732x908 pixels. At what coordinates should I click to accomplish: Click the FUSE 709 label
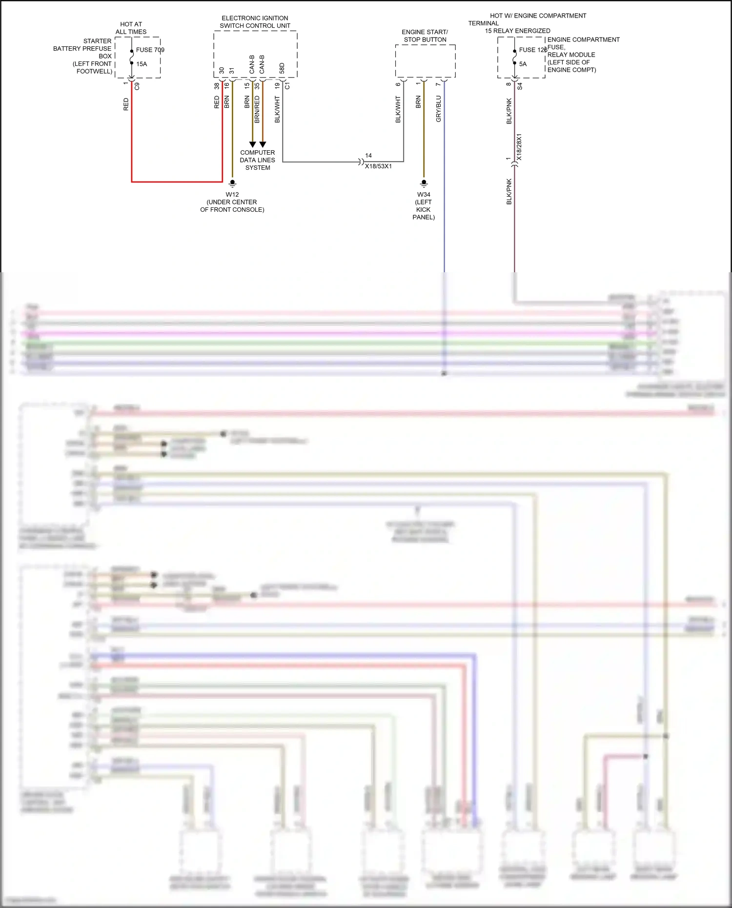click(150, 50)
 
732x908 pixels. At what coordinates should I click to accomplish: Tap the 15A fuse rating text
click(142, 64)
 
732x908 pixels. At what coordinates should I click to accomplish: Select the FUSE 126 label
click(532, 50)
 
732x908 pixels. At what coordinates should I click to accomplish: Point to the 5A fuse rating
click(523, 64)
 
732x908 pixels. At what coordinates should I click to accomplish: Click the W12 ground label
click(232, 194)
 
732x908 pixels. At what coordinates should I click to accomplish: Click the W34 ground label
click(424, 194)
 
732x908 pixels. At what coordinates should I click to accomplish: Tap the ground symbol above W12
click(232, 183)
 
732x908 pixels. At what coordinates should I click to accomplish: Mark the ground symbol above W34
click(424, 183)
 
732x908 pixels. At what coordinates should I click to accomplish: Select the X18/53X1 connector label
click(378, 166)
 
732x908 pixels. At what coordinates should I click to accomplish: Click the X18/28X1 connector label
click(519, 147)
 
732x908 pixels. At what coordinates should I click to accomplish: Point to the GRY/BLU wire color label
click(438, 109)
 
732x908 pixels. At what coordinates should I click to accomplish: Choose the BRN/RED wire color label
click(257, 109)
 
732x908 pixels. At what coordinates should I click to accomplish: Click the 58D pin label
click(282, 68)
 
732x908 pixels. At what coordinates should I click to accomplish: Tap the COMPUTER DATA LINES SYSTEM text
click(257, 160)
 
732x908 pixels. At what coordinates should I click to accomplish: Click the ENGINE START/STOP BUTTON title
click(425, 36)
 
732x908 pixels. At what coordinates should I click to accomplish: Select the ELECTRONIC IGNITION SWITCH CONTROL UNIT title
click(255, 22)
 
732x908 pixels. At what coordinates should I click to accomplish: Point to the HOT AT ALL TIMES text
click(131, 28)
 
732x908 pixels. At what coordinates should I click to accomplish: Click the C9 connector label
click(137, 86)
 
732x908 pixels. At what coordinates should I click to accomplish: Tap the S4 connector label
click(520, 86)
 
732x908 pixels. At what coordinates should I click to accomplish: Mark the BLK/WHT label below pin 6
click(398, 109)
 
